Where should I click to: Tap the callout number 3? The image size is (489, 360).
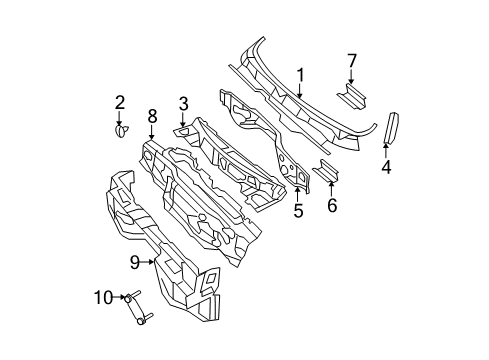click(184, 103)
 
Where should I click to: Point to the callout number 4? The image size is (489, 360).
click(385, 167)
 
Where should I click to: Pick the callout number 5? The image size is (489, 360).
click(297, 210)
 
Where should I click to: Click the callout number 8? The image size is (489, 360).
click(152, 116)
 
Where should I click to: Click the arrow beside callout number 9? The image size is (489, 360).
click(150, 263)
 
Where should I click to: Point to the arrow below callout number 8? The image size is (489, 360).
click(152, 132)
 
